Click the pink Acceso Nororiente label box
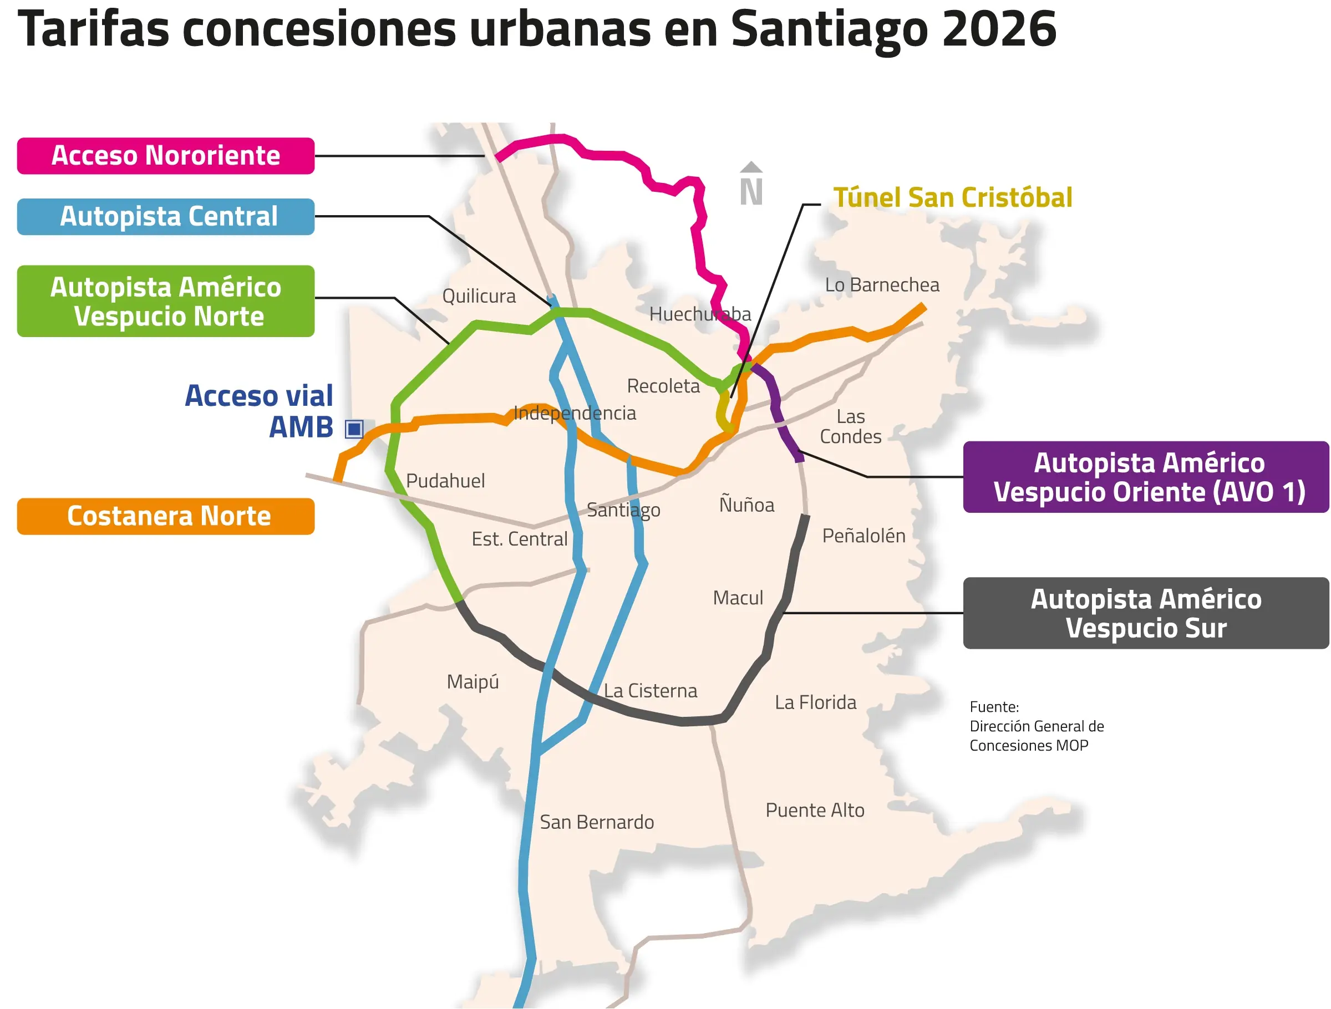[165, 156]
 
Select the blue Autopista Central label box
[165, 217]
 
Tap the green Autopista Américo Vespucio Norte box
[165, 301]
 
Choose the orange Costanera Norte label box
[165, 516]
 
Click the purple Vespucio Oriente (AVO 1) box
[1146, 477]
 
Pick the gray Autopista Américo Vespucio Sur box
[1146, 613]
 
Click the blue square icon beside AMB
[354, 429]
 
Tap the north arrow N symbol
[751, 185]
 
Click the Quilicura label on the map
[479, 296]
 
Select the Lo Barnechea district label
[882, 284]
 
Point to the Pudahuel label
[445, 481]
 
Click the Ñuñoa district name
[746, 505]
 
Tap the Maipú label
[473, 682]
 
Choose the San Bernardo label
[596, 822]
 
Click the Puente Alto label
[815, 810]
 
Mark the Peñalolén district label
[863, 536]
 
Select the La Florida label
[815, 702]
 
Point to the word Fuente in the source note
[993, 707]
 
